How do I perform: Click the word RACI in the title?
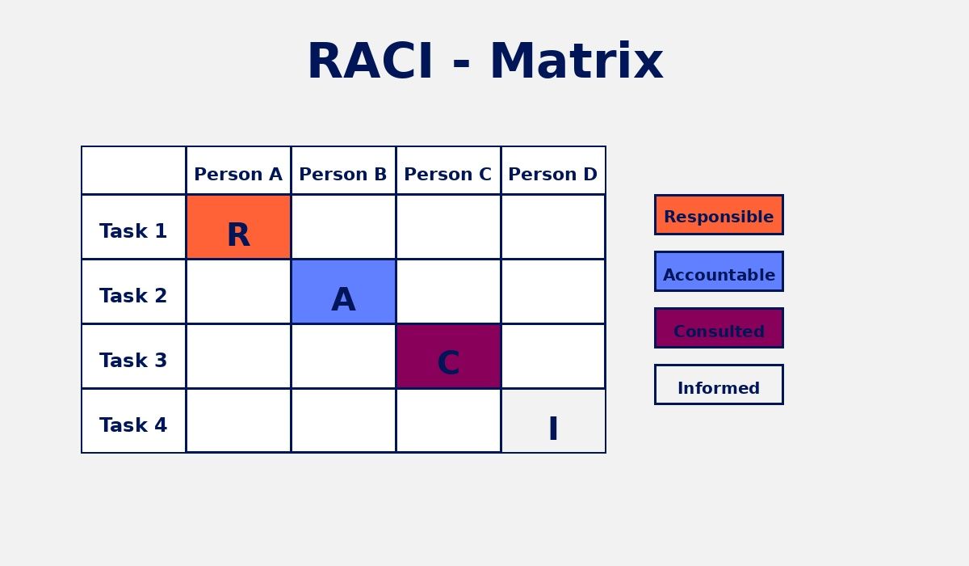tap(371, 62)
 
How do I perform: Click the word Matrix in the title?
tap(576, 62)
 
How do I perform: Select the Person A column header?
tap(238, 173)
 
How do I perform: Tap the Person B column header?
tap(343, 173)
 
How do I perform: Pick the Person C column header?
tap(448, 173)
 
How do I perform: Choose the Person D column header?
tap(553, 173)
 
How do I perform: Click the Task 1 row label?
tap(133, 231)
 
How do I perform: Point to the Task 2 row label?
tap(133, 296)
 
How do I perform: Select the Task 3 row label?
tap(133, 361)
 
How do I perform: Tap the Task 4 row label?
tap(133, 425)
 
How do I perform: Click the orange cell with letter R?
tap(238, 227)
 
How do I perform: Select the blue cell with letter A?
tap(343, 292)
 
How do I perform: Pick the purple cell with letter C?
tap(448, 357)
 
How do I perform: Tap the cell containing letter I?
tap(553, 421)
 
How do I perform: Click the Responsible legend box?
tap(719, 215)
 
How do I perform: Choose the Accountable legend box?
tap(719, 272)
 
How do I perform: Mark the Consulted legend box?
tap(719, 328)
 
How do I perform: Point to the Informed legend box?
tap(719, 385)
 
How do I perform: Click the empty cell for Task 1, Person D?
tap(553, 227)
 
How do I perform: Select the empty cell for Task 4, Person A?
tap(238, 421)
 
